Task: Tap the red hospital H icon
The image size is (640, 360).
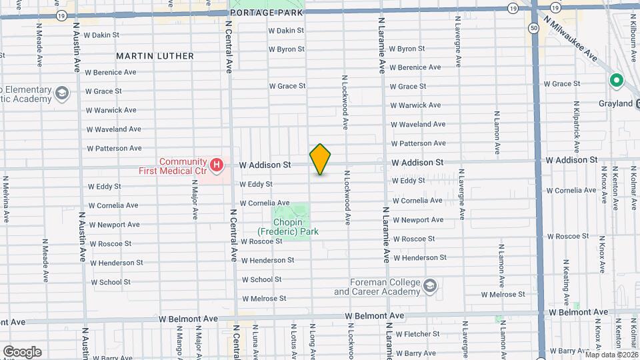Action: [216, 163]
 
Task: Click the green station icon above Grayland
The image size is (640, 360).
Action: [617, 81]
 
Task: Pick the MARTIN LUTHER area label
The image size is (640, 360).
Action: [155, 56]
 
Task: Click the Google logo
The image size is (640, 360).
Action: [22, 351]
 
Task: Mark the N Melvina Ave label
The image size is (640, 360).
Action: [6, 199]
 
